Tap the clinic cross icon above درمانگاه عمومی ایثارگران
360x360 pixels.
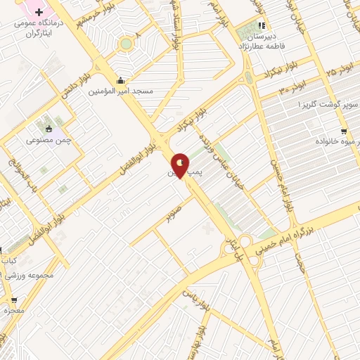click(39, 12)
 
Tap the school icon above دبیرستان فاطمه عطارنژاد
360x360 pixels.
click(260, 27)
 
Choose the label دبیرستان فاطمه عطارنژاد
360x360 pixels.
click(261, 41)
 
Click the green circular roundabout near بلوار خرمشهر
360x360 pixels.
click(126, 44)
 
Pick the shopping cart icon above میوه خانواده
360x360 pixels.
click(343, 131)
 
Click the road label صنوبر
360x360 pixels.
click(174, 209)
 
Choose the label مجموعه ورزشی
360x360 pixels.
click(29, 274)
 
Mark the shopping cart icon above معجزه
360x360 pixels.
click(14, 300)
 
